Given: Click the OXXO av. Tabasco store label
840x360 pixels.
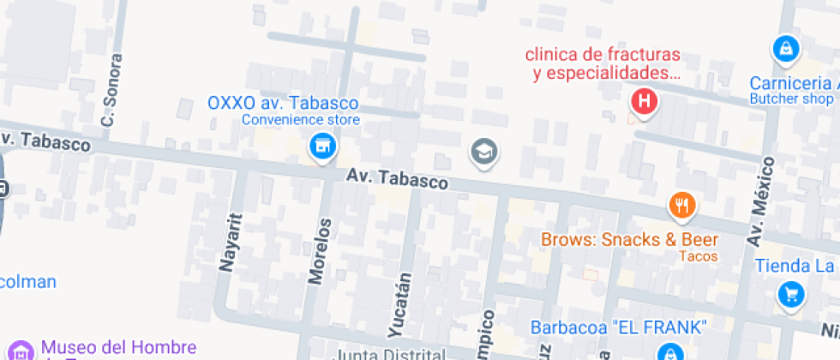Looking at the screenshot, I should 283,103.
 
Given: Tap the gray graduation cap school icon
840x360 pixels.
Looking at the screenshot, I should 484,153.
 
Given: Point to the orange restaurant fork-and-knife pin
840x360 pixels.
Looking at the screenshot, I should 681,205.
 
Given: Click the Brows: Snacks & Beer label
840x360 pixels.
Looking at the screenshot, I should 629,240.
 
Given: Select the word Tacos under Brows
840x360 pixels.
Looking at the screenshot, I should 698,256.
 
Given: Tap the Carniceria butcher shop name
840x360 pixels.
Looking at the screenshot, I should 793,83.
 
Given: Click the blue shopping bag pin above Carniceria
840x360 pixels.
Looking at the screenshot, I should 784,49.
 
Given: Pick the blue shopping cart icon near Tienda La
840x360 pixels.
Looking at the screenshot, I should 790,295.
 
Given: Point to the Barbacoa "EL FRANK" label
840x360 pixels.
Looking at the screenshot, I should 618,327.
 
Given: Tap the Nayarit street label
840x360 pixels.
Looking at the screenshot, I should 228,243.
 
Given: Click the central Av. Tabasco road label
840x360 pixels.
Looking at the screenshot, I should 398,179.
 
